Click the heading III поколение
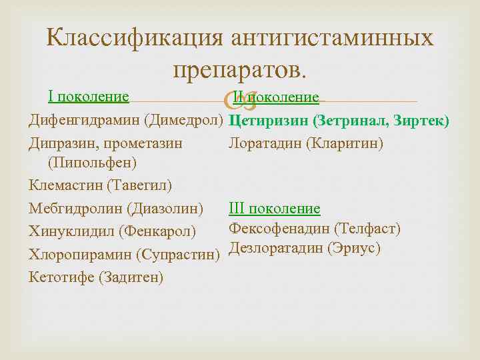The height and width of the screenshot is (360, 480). [x=274, y=209]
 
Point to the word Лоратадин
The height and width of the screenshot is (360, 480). [x=262, y=143]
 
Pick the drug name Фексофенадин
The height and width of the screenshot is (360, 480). [x=279, y=229]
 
